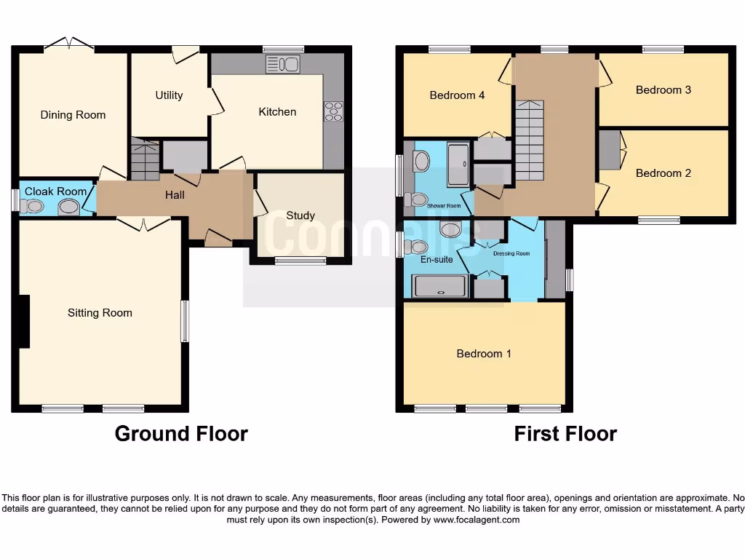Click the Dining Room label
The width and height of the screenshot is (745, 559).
pyautogui.click(x=73, y=115)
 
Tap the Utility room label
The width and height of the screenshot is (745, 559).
pyautogui.click(x=169, y=95)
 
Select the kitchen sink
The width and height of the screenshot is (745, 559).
pyautogui.click(x=282, y=64)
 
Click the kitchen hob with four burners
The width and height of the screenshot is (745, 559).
pyautogui.click(x=333, y=111)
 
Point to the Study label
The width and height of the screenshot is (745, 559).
pyautogui.click(x=300, y=215)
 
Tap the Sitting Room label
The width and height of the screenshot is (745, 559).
pyautogui.click(x=100, y=313)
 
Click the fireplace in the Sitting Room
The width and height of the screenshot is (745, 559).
pyautogui.click(x=24, y=321)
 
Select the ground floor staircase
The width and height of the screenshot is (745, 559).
pyautogui.click(x=146, y=159)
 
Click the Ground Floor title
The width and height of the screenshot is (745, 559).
pyautogui.click(x=181, y=434)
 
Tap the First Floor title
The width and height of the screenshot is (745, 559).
pyautogui.click(x=565, y=434)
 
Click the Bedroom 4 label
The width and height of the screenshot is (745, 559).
pyautogui.click(x=457, y=95)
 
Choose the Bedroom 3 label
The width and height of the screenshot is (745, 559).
pyautogui.click(x=663, y=90)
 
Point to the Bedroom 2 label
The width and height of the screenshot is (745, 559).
pyautogui.click(x=663, y=173)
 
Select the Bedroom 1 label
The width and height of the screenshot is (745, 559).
pyautogui.click(x=484, y=354)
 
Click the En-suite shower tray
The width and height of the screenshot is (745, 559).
pyautogui.click(x=439, y=286)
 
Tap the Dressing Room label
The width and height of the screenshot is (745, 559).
pyautogui.click(x=511, y=253)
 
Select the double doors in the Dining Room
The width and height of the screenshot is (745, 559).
pyautogui.click(x=69, y=45)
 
